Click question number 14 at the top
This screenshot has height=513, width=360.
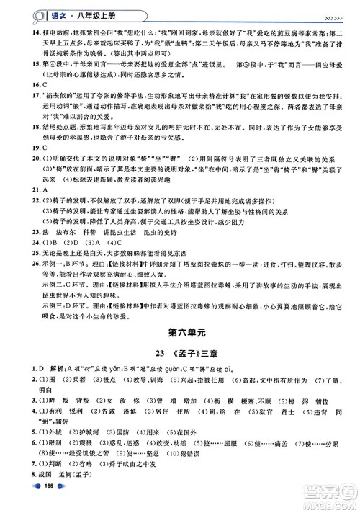pyautogui.click(x=25, y=31)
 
